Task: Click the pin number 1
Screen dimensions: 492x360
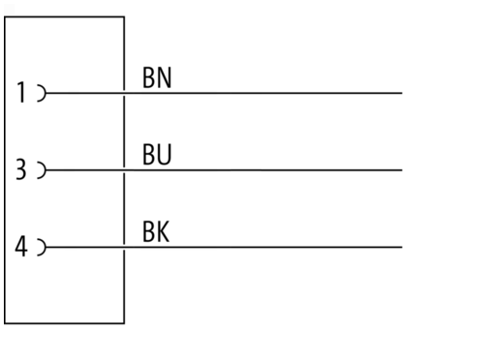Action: pos(21,92)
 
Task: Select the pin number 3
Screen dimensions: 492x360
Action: pos(21,169)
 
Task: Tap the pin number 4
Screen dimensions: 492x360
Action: pos(21,247)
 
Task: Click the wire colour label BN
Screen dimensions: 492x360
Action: pos(157,77)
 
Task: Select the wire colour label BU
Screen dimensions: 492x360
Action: pos(157,155)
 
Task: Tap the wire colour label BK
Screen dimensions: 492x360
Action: pos(156,231)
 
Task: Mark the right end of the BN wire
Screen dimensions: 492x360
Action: pos(402,93)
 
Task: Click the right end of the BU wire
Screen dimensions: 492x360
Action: pos(402,170)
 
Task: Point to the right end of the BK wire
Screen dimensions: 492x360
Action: pos(402,247)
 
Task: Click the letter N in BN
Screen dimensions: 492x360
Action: pos(165,77)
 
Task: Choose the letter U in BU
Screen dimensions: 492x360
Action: pos(165,155)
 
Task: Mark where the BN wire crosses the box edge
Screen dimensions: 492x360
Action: pos(124,93)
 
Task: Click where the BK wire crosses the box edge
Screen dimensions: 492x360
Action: pos(124,247)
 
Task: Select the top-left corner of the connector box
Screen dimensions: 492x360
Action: pos(5,16)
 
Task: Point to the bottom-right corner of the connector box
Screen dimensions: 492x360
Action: pos(124,323)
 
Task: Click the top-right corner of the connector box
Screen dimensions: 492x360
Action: pos(124,16)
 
